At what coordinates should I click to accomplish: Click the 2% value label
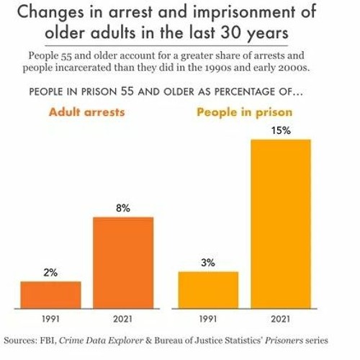(50, 273)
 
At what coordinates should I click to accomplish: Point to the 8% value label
(123, 208)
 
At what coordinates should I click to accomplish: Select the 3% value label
(208, 263)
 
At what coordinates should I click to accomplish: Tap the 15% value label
(281, 131)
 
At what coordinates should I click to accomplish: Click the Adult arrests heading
(86, 112)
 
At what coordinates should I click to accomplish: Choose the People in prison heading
(244, 112)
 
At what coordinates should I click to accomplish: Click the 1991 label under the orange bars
(50, 318)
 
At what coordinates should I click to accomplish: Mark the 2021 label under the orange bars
(123, 318)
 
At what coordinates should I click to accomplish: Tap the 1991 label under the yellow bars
(208, 318)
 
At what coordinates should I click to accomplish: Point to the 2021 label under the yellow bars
(281, 318)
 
